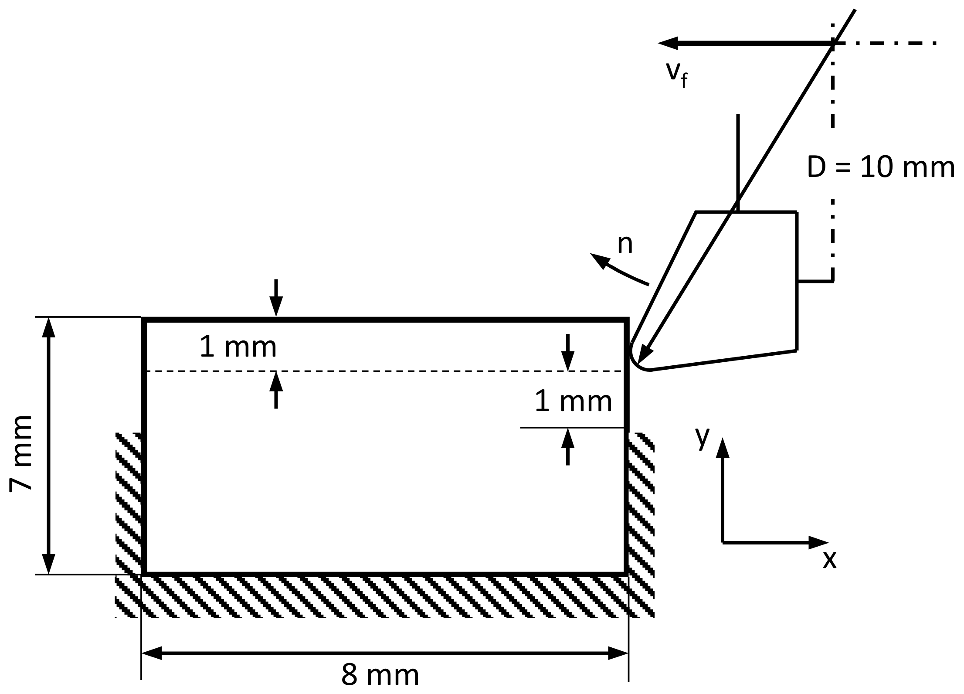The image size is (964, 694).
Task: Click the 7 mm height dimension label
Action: (21, 453)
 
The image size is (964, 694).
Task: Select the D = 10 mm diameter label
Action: (880, 167)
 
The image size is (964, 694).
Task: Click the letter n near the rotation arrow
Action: (625, 245)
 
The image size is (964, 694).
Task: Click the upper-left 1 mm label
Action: (238, 347)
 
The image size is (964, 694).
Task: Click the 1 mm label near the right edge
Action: (573, 401)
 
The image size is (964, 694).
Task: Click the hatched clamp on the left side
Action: (128, 501)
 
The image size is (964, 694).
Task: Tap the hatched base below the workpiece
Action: (384, 596)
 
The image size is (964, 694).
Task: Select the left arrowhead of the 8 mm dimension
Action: (151, 653)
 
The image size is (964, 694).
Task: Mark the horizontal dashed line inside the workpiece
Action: (384, 371)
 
